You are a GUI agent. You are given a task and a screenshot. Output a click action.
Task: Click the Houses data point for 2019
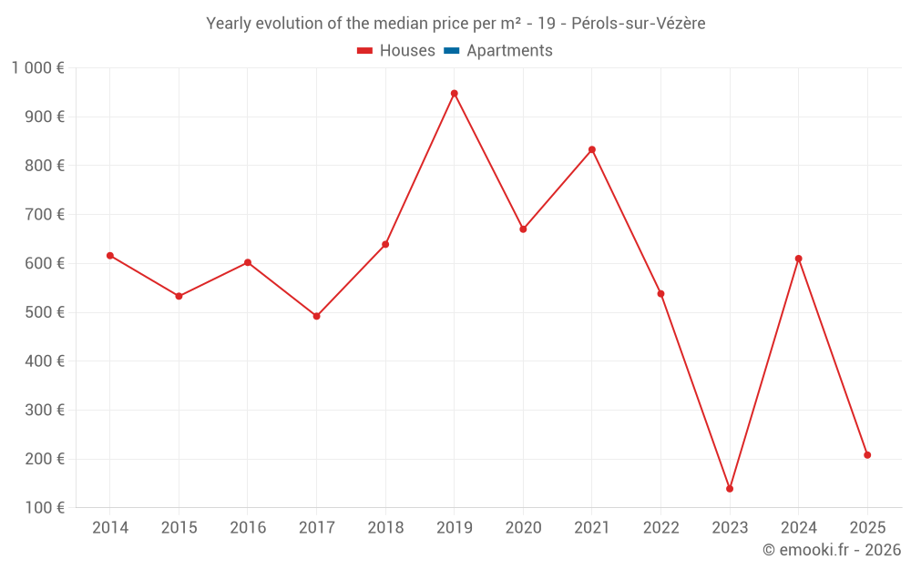point(454,94)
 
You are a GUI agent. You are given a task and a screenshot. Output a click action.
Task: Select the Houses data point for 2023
point(730,489)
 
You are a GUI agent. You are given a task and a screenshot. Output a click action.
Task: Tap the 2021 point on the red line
point(592,149)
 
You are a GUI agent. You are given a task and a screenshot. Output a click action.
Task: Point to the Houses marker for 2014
point(110,256)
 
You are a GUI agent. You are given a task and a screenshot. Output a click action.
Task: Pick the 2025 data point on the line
point(867,455)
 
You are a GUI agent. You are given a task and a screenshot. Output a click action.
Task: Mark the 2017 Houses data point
point(316,316)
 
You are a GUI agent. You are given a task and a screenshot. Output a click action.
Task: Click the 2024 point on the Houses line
point(798,259)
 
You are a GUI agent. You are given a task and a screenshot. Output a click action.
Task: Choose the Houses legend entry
point(396,51)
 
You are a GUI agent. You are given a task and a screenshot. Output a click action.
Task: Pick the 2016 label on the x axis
point(248,528)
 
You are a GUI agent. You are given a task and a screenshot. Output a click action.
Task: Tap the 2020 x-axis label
point(523,528)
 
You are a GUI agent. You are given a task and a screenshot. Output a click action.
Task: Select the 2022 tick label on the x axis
point(660,528)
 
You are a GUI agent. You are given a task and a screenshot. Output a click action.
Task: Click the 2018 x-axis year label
point(385,528)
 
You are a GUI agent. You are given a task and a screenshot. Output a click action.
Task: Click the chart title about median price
point(455,24)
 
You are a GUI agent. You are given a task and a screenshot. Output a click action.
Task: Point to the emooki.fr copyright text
point(832,550)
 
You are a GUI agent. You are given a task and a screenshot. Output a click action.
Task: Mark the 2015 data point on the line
point(179,296)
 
